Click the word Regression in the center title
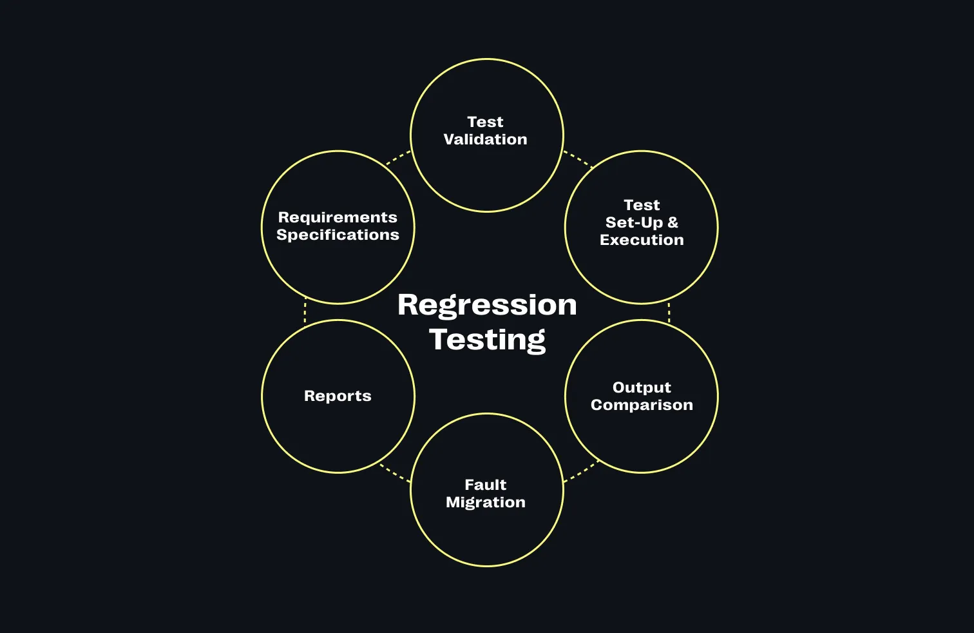pyautogui.click(x=487, y=305)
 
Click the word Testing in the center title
pyautogui.click(x=487, y=340)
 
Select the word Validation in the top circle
pyautogui.click(x=485, y=139)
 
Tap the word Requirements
pyautogui.click(x=338, y=217)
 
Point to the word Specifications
pyautogui.click(x=338, y=235)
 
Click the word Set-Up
pyautogui.click(x=634, y=222)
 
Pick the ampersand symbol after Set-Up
pyautogui.click(x=673, y=222)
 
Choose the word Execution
pyautogui.click(x=642, y=240)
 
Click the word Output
pyautogui.click(x=642, y=387)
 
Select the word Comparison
pyautogui.click(x=642, y=405)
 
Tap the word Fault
pyautogui.click(x=485, y=485)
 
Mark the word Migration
pyautogui.click(x=485, y=502)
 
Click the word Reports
pyautogui.click(x=338, y=396)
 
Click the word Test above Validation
pyautogui.click(x=485, y=122)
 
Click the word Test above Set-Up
pyautogui.click(x=642, y=205)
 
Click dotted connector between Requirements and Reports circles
pyautogui.click(x=305, y=312)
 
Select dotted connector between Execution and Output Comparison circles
pyautogui.click(x=669, y=312)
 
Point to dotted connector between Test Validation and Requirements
pyautogui.click(x=398, y=158)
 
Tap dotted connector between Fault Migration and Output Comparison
pyautogui.click(x=581, y=471)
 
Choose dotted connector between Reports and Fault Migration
pyautogui.click(x=394, y=472)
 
